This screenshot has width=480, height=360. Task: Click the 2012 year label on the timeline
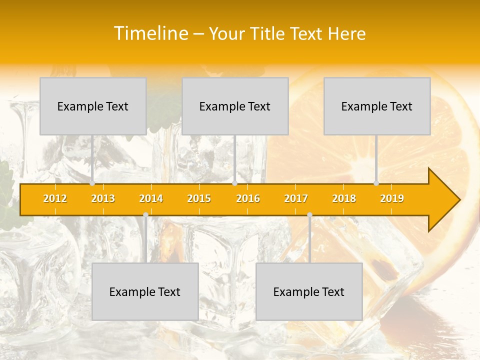point(55,198)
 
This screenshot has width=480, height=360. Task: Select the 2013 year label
point(103,198)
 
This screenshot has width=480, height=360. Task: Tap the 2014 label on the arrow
point(151,198)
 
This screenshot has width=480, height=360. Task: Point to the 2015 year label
point(199,198)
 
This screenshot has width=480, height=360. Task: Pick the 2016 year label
point(248,198)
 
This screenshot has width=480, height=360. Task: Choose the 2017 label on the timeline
point(296,198)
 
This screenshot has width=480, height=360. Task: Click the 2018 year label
point(344,198)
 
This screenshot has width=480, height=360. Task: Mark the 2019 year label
point(392,198)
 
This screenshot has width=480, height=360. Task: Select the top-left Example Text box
point(93,106)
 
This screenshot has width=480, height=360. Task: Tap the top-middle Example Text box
point(235,106)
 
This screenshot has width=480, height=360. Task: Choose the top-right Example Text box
point(377,106)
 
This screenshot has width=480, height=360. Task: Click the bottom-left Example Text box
point(145,291)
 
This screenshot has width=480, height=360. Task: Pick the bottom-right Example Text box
point(309,291)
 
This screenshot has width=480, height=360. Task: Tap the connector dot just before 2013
point(92,183)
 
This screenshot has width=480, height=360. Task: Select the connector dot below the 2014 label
point(145,215)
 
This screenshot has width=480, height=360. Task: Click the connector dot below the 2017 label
point(309,215)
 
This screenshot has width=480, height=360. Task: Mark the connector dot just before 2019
point(376,183)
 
